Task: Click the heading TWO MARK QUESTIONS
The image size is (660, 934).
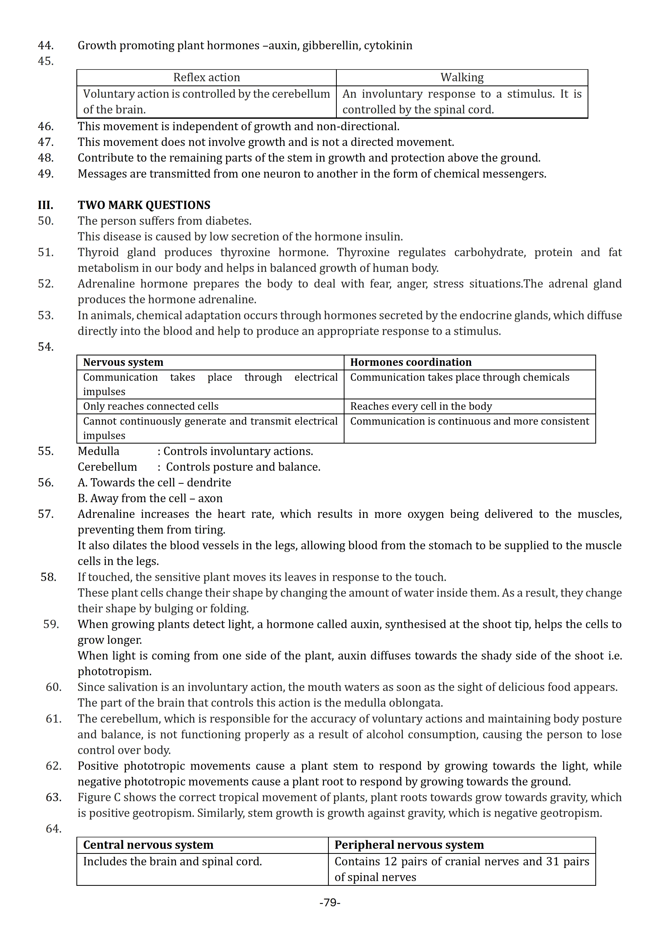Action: (144, 205)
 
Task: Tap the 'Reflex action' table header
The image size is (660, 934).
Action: (207, 77)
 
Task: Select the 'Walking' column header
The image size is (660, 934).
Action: (462, 77)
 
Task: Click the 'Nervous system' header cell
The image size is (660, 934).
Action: (123, 362)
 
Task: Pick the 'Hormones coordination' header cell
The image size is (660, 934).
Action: (411, 362)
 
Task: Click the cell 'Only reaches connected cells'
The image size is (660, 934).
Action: (151, 406)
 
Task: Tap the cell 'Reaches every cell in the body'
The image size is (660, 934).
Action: (421, 406)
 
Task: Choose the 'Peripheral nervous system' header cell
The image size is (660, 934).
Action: (409, 845)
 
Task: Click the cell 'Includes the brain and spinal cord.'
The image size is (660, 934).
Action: (173, 861)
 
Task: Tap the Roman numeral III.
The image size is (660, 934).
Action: (45, 205)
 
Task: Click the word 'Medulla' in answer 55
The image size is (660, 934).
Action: (99, 451)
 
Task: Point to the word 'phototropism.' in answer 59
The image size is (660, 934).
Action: (115, 671)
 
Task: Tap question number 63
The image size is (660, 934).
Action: (53, 797)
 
